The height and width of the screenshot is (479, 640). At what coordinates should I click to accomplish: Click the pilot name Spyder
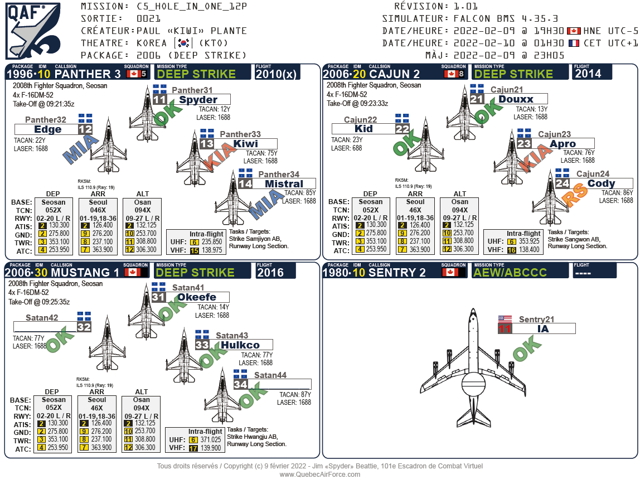[198, 100]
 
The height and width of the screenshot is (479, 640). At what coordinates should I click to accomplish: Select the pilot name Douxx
[516, 99]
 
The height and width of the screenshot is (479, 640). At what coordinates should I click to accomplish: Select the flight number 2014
[588, 74]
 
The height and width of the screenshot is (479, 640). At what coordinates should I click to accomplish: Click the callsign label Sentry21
[536, 320]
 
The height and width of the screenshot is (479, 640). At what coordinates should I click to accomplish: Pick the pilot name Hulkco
[240, 345]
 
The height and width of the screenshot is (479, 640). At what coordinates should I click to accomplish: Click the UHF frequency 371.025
[212, 440]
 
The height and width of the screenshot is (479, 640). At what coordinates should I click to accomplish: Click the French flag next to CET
[574, 43]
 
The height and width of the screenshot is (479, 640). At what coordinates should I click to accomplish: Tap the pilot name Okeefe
[196, 297]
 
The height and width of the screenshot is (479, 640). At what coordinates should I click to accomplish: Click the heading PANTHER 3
[88, 74]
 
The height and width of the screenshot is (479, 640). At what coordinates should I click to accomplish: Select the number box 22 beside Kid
[403, 129]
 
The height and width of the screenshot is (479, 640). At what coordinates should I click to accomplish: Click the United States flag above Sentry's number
[505, 319]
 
